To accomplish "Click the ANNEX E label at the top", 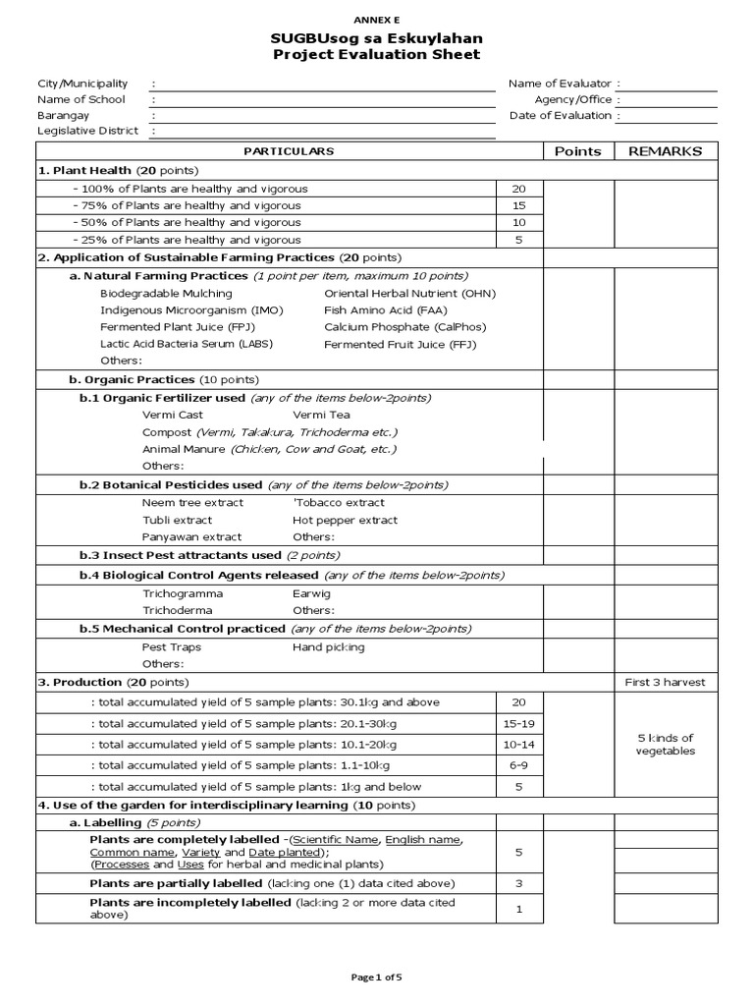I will [377, 20].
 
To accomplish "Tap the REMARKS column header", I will [665, 151].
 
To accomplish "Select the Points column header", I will [577, 151].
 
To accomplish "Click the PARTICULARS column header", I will [289, 151].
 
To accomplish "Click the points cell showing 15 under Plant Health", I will [519, 205].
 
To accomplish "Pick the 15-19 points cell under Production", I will [519, 724].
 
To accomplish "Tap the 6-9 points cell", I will [519, 765].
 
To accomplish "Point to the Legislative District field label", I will [87, 131].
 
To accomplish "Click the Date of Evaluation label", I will [561, 115].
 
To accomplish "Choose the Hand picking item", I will [328, 647].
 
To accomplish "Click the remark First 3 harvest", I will [665, 682].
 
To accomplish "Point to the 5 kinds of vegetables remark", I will [665, 745].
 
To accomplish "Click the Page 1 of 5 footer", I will [377, 978].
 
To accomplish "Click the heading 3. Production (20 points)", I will [113, 682].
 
